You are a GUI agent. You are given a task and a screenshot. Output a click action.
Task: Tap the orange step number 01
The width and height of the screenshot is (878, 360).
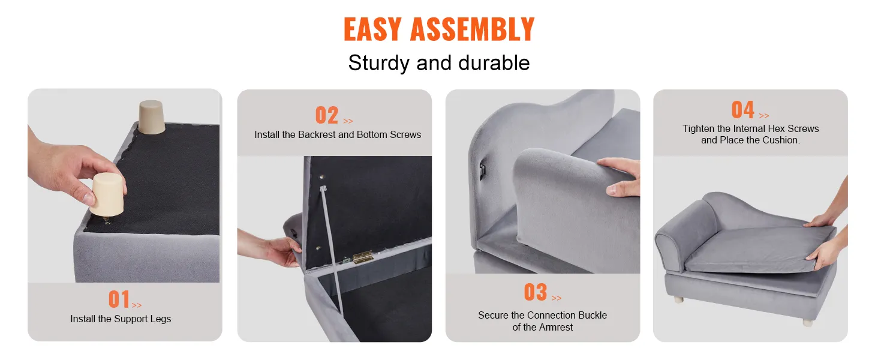pyautogui.click(x=119, y=299)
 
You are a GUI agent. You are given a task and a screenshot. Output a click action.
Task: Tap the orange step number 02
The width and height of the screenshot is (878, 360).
pyautogui.click(x=327, y=115)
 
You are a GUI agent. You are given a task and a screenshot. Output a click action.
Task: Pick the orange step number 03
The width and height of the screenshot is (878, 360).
pyautogui.click(x=535, y=292)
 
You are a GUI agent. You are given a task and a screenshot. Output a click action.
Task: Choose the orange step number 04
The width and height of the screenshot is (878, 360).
pyautogui.click(x=742, y=110)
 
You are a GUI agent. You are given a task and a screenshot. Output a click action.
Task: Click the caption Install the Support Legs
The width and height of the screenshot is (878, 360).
pyautogui.click(x=121, y=319)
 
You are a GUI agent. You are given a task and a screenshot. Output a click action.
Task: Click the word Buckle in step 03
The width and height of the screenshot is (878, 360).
pyautogui.click(x=593, y=316)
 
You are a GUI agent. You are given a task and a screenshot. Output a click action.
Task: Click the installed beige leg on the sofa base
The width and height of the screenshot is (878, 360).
pyautogui.click(x=151, y=117)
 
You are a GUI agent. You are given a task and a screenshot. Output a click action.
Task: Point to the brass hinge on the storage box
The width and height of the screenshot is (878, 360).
pyautogui.click(x=363, y=258)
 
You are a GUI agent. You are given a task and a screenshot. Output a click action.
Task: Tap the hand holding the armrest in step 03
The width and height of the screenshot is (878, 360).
pyautogui.click(x=619, y=175)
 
